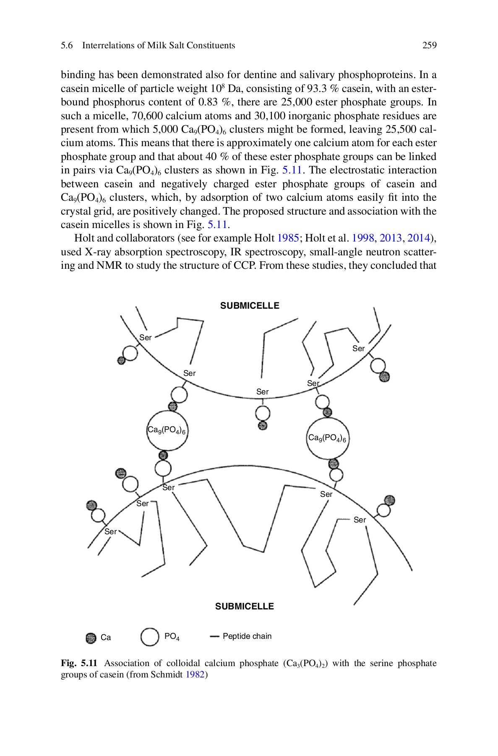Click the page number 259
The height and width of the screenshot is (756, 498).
pyautogui.click(x=429, y=45)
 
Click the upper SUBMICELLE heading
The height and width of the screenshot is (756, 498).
pyautogui.click(x=250, y=306)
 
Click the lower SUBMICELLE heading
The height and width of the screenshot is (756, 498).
pyautogui.click(x=244, y=606)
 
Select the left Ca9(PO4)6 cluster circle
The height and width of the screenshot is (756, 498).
pyautogui.click(x=167, y=430)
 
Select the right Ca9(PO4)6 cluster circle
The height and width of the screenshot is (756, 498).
pyautogui.click(x=327, y=438)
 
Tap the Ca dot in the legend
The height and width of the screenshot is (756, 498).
pyautogui.click(x=91, y=638)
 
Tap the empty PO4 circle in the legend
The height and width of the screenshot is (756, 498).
pyautogui.click(x=150, y=637)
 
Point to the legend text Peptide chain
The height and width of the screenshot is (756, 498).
pyautogui.click(x=247, y=636)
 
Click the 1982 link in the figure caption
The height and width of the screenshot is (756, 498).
pyautogui.click(x=196, y=675)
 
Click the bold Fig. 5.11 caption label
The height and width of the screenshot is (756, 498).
pyautogui.click(x=79, y=663)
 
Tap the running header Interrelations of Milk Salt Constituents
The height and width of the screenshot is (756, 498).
pyautogui.click(x=159, y=45)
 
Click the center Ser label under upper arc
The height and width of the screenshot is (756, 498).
pyautogui.click(x=262, y=392)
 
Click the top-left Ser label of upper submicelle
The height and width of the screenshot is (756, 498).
pyautogui.click(x=145, y=338)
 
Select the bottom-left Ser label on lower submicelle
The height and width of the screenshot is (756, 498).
pyautogui.click(x=110, y=532)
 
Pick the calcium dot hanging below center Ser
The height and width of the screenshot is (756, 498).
pyautogui.click(x=263, y=425)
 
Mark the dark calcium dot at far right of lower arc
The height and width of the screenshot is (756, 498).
pyautogui.click(x=390, y=500)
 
